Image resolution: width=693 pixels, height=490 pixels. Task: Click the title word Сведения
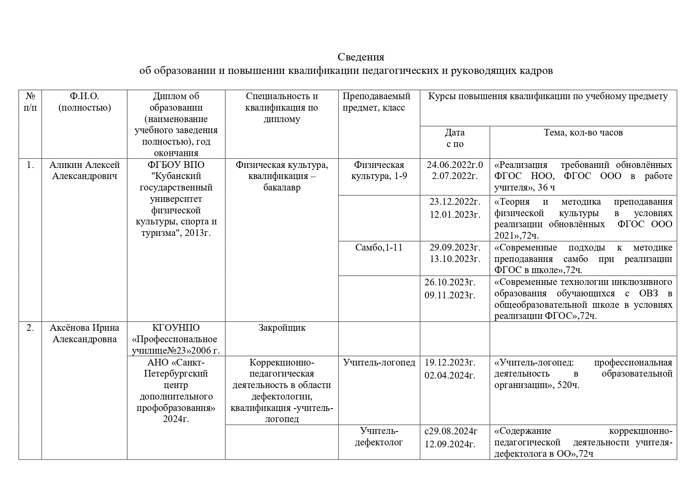(361, 57)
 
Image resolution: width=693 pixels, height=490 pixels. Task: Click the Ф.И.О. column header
(85, 102)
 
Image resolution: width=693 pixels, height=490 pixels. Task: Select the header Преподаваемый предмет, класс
(376, 102)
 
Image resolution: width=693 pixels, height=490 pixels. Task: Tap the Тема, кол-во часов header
(583, 133)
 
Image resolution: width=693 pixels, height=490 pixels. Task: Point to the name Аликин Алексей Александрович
(85, 170)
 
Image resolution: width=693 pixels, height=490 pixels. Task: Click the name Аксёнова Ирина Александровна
(85, 333)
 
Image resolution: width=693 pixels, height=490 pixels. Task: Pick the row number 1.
(30, 165)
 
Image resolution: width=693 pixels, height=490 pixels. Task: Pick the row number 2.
(30, 328)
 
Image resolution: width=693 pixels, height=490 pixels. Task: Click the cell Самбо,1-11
(379, 248)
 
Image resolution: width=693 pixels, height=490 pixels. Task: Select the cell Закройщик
(282, 328)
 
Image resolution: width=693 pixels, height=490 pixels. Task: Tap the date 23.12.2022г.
(455, 202)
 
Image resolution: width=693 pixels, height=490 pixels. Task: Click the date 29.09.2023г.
(455, 248)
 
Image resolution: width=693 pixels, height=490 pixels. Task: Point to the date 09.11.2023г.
(450, 295)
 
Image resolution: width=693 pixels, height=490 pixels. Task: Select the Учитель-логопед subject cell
(379, 362)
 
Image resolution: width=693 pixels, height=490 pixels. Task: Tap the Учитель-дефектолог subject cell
(379, 436)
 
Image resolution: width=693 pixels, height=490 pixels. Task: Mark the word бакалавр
(282, 187)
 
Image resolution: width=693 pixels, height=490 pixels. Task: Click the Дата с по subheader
(454, 138)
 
